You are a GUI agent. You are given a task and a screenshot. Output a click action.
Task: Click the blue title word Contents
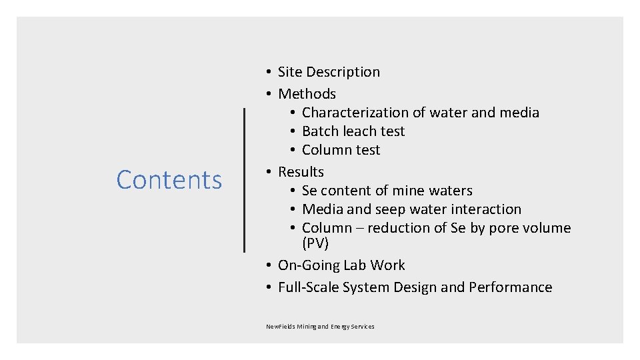[169, 180]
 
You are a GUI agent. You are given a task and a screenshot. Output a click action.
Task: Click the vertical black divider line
[245, 180]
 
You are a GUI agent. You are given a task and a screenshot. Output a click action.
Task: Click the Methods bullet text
[307, 94]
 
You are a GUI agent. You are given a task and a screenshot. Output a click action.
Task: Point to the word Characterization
[355, 113]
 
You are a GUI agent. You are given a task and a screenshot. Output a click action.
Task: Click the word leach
[360, 131]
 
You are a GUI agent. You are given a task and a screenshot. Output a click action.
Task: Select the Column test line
[341, 150]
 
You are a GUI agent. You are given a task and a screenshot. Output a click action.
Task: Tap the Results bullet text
[301, 172]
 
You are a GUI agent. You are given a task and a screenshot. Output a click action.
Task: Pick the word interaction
[487, 209]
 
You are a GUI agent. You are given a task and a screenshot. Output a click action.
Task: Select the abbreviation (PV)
[315, 244]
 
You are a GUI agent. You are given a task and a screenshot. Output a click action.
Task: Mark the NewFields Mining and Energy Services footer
[320, 327]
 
